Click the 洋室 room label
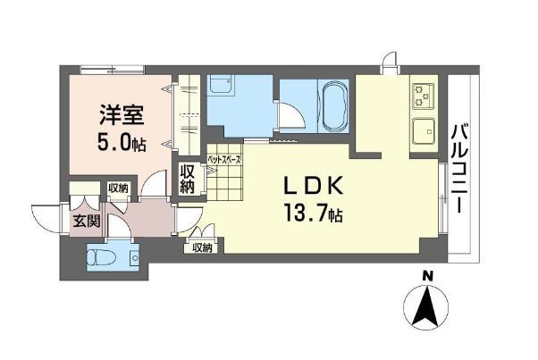[122, 115]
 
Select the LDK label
[312, 186]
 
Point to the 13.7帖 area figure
[313, 213]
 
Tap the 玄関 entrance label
[87, 222]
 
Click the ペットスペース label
[224, 159]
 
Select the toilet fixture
[97, 257]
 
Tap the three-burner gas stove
[424, 96]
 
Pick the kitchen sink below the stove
[424, 131]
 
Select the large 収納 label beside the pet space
[188, 180]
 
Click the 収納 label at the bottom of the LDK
[202, 247]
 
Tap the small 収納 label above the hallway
[118, 188]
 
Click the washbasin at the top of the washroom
[221, 85]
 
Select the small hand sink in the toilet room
[134, 257]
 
